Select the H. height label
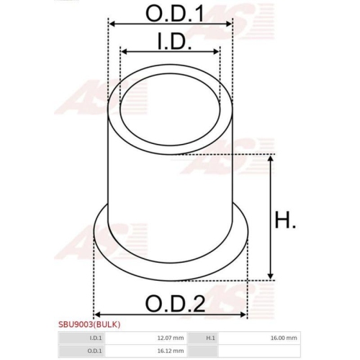[287, 220]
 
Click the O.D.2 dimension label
[171, 303]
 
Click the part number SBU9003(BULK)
[89, 325]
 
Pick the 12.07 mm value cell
[169, 337]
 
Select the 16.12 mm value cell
[169, 351]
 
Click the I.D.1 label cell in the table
[96, 337]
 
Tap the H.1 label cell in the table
[211, 337]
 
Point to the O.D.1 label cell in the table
[96, 351]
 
